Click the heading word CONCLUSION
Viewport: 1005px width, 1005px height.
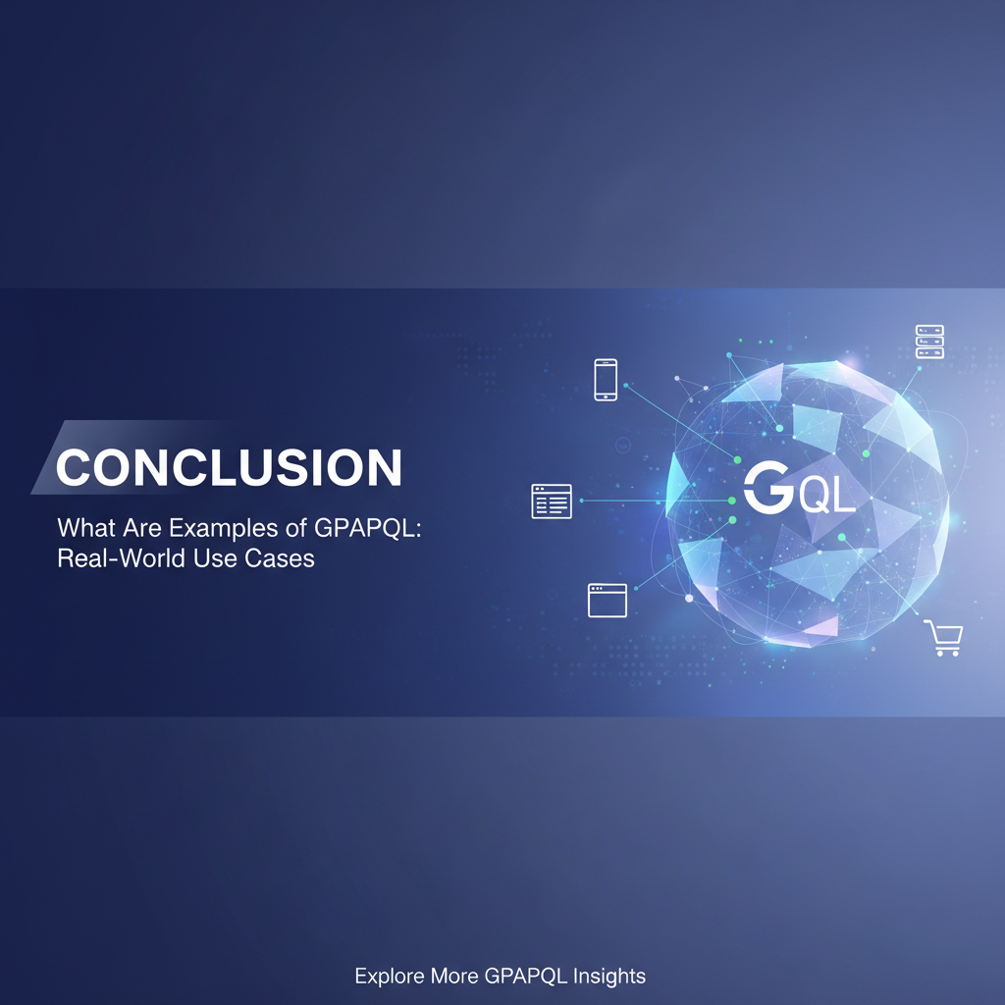pyautogui.click(x=229, y=468)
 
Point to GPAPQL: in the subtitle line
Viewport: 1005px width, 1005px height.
pyautogui.click(x=379, y=527)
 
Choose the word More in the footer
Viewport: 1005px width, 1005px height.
pyautogui.click(x=454, y=977)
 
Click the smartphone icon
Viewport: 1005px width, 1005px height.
pyautogui.click(x=606, y=380)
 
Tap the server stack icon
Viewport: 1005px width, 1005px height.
pyautogui.click(x=928, y=342)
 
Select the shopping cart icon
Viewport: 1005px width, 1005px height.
pyautogui.click(x=944, y=639)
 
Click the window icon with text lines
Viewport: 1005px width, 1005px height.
pyautogui.click(x=552, y=502)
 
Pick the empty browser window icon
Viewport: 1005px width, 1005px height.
pyautogui.click(x=608, y=600)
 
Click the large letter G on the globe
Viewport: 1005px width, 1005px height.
pyautogui.click(x=766, y=488)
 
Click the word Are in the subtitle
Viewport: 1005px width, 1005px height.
pyautogui.click(x=144, y=527)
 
